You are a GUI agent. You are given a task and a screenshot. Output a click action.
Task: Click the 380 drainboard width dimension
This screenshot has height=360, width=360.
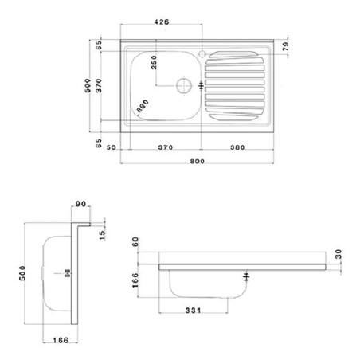[237, 147]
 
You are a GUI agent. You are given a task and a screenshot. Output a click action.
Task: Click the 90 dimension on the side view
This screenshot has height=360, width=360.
[80, 205]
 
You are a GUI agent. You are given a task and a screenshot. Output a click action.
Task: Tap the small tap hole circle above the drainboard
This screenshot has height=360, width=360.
[203, 56]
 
